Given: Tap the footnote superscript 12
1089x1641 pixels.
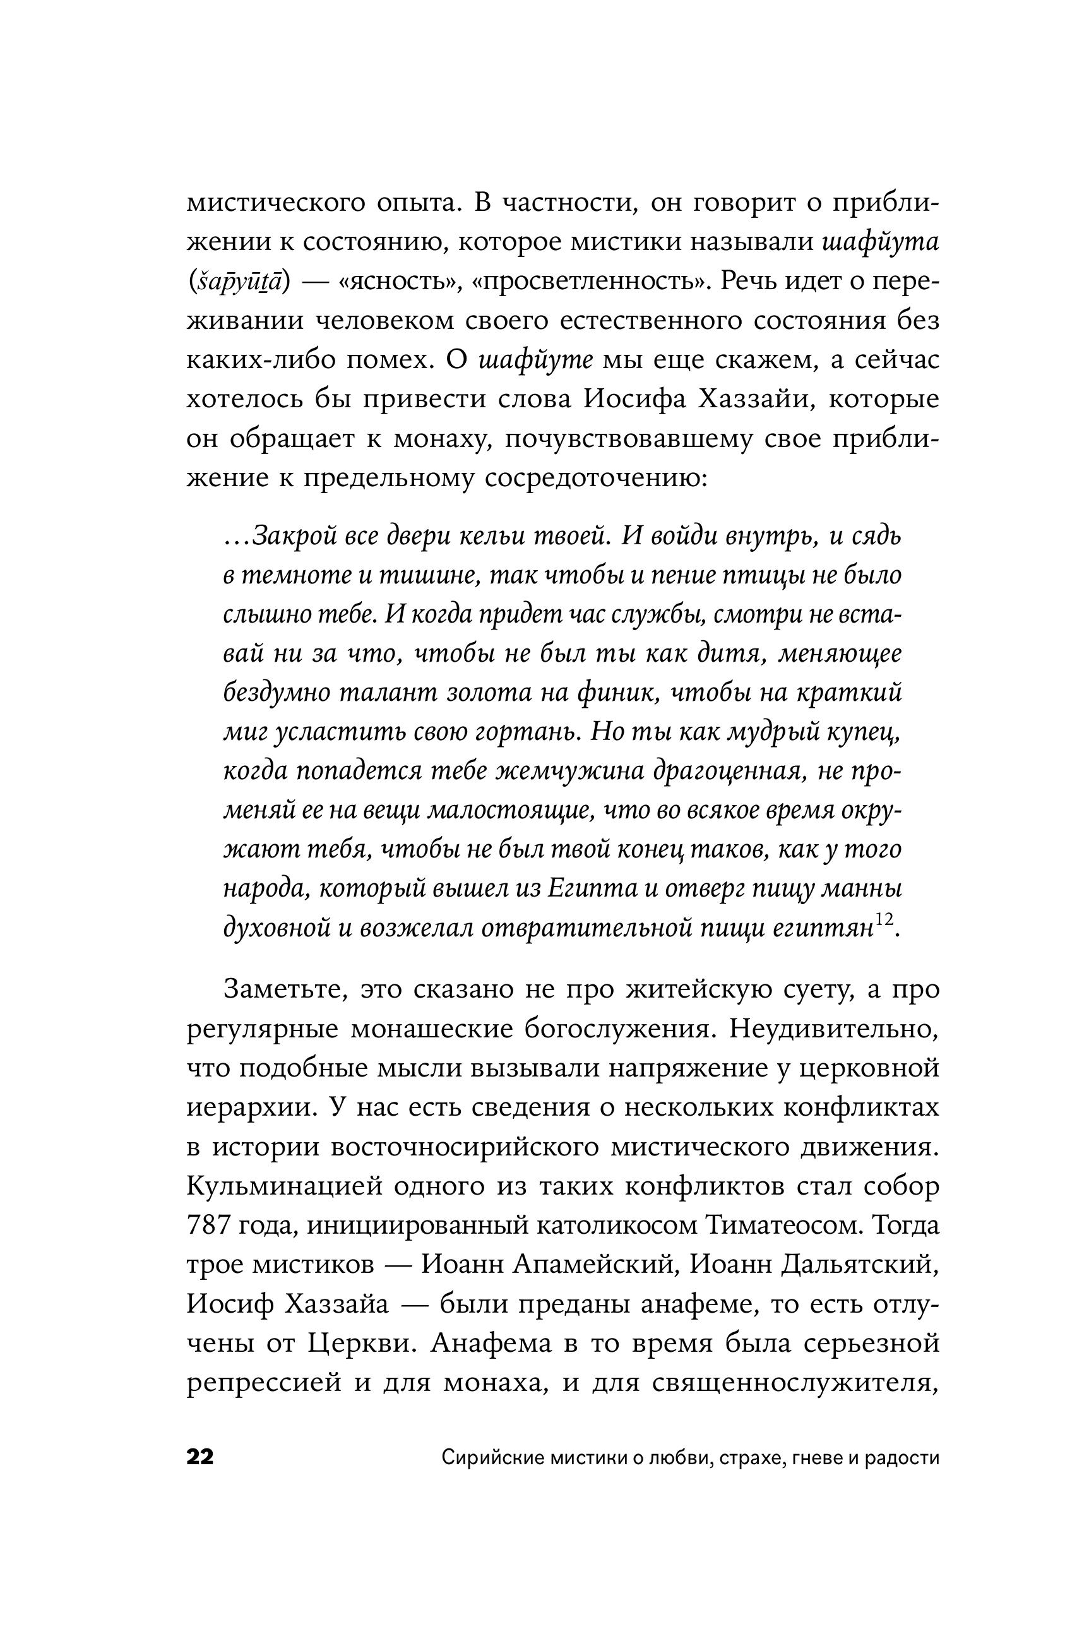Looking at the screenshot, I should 884,920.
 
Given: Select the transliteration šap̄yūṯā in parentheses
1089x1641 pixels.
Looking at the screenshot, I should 237,283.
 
